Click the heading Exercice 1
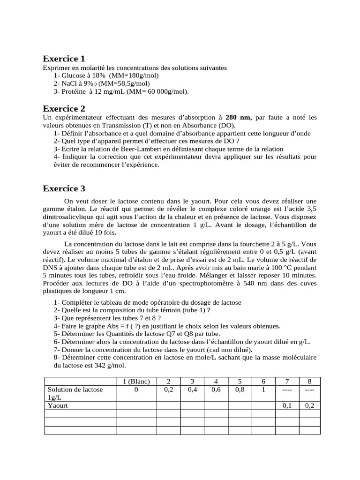click(64, 59)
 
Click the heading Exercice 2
click(64, 109)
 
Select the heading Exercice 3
click(64, 188)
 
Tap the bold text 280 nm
click(239, 117)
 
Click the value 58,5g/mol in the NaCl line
click(118, 83)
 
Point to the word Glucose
click(73, 75)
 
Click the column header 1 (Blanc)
click(136, 382)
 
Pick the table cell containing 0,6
click(216, 390)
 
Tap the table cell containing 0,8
click(240, 390)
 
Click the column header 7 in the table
click(286, 382)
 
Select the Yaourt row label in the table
click(59, 406)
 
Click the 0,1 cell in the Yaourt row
click(286, 406)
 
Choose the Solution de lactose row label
click(75, 393)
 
